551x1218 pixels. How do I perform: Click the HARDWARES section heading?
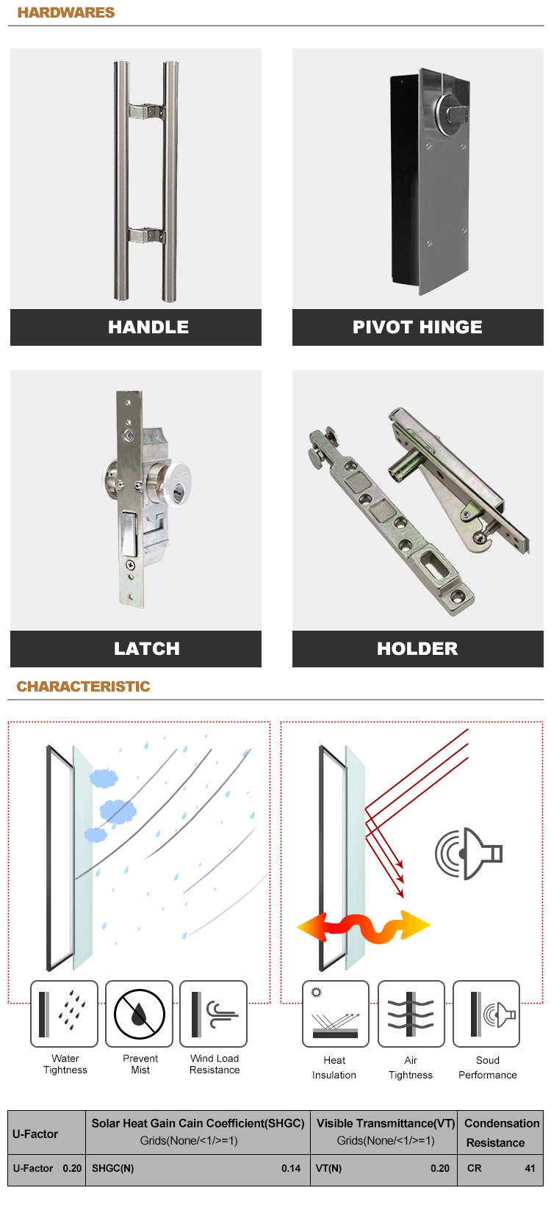(66, 12)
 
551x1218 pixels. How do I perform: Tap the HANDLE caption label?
(148, 327)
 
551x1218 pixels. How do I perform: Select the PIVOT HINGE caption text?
(417, 327)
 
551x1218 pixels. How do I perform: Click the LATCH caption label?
(147, 649)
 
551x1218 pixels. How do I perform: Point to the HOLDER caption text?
(417, 649)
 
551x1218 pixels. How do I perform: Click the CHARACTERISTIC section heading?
(83, 686)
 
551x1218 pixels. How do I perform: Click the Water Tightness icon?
(64, 1014)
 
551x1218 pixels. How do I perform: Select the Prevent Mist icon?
(140, 1014)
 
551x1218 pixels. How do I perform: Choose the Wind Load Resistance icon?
(214, 1014)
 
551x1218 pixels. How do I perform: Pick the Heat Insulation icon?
(336, 1014)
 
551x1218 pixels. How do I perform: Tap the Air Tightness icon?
(411, 1014)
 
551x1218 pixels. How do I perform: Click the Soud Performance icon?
(486, 1014)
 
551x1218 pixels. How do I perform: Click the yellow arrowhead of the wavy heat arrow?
(415, 926)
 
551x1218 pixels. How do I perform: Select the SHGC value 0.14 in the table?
(291, 1168)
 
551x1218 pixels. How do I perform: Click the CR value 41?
(530, 1168)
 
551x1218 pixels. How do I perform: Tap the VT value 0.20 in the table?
(440, 1168)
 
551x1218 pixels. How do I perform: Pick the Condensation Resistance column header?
(502, 1133)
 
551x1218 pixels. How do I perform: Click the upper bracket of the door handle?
(146, 111)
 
